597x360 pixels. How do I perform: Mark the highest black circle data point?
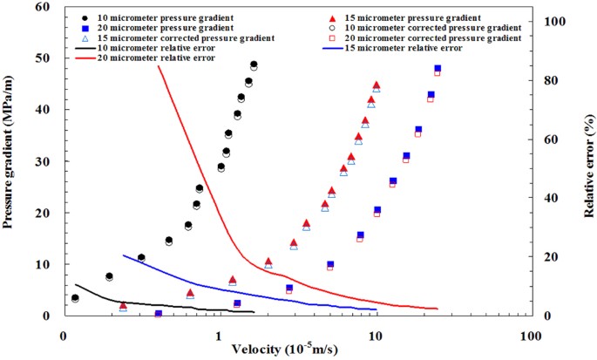tap(254, 65)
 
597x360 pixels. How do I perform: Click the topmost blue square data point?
tap(438, 68)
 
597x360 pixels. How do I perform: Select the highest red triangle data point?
tap(377, 85)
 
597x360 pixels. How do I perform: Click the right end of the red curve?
tap(437, 309)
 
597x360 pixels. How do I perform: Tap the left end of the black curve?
tap(76, 284)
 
